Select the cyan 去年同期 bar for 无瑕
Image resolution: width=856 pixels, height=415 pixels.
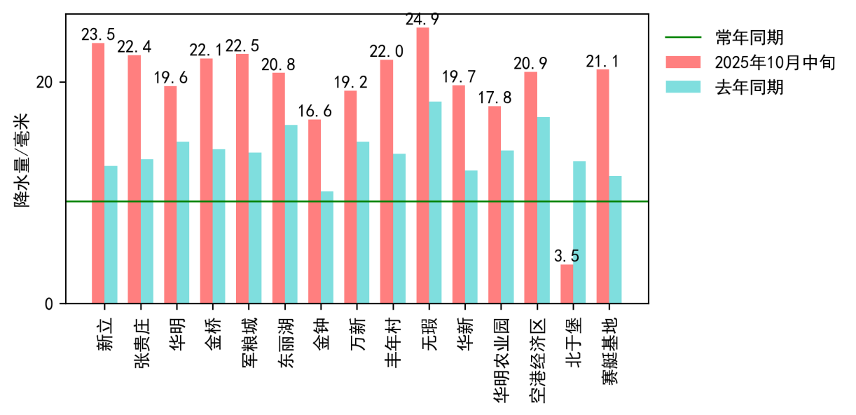[x=435, y=203]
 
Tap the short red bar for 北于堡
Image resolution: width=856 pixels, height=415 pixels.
[x=567, y=284]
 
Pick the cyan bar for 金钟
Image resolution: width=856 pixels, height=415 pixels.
[x=327, y=247]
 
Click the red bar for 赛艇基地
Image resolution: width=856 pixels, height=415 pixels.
[x=602, y=186]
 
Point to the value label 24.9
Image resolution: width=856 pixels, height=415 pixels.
[x=422, y=20]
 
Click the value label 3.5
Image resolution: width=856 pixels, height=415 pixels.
[x=567, y=257]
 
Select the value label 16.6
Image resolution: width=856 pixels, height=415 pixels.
[x=315, y=111]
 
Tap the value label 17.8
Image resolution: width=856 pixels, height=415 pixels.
[x=495, y=98]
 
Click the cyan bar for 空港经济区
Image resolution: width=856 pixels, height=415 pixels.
[x=543, y=210]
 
